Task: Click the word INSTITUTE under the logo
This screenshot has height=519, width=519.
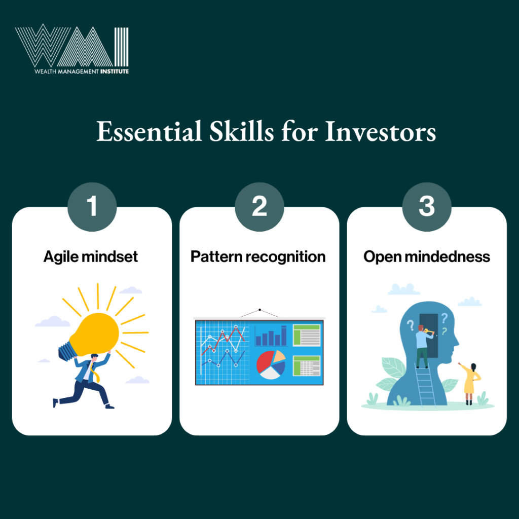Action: point(114,71)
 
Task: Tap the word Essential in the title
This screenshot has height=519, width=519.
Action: point(149,131)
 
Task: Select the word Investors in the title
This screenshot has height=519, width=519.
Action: point(380,131)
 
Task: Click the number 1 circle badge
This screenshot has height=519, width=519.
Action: point(92,207)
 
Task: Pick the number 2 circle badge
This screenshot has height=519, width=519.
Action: point(259,207)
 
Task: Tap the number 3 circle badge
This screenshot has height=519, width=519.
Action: point(427,207)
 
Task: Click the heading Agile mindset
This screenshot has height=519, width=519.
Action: point(91,257)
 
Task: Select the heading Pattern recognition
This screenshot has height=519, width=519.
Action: point(258,257)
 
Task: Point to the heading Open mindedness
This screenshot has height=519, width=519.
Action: point(427,257)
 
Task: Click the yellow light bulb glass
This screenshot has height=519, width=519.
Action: point(96,333)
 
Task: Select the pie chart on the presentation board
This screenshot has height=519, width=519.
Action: point(271,364)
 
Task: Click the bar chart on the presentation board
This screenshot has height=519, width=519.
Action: point(271,336)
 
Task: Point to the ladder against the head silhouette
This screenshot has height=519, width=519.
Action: point(425,384)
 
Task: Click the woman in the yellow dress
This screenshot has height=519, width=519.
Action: point(470,384)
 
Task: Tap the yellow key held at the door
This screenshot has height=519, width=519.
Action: point(429,331)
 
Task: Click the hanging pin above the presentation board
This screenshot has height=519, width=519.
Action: point(260,310)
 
